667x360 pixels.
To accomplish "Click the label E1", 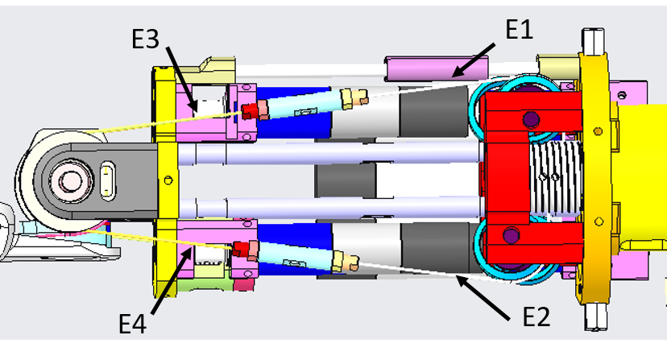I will coord(520,30).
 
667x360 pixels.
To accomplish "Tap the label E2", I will coord(534,317).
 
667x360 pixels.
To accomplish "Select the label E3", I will coord(146,38).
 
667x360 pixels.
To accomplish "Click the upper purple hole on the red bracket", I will coord(530,121).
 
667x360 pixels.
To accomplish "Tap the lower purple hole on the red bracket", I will coord(508,236).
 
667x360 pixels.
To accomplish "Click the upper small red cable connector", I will coord(249,110).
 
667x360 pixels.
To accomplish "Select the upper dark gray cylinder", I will coord(439,110).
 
